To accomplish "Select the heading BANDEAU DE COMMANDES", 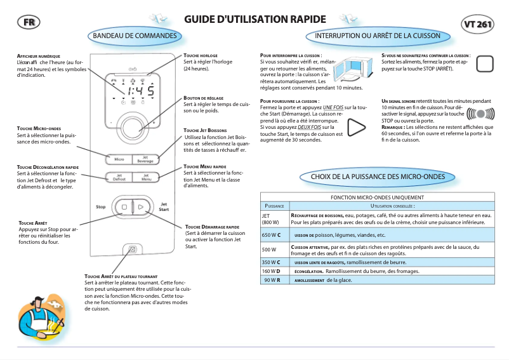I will coord(135,36).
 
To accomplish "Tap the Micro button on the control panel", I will coord(119,159).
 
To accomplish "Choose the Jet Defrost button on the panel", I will coord(119,178).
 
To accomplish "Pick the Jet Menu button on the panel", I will coord(145,178).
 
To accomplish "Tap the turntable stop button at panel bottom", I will coord(132,250).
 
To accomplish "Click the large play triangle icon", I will coord(357,126).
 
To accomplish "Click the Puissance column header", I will coord(274,206).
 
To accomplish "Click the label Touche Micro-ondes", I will coord(39,128).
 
